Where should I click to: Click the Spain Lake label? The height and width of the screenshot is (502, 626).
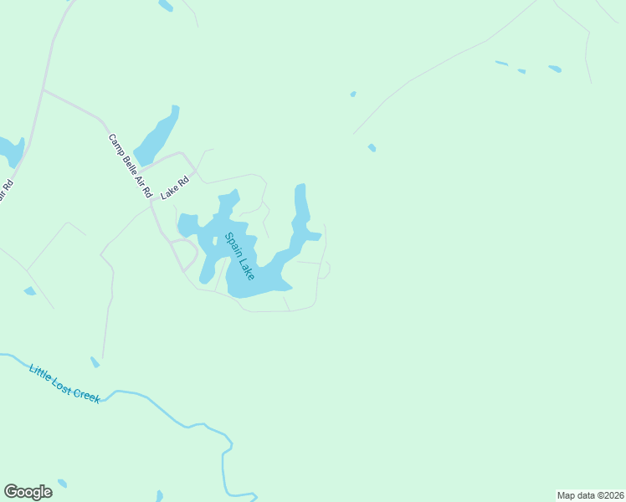[239, 256]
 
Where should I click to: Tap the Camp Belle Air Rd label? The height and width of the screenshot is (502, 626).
[130, 166]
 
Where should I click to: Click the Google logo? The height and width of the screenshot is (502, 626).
[28, 492]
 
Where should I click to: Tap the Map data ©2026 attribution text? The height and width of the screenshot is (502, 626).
[590, 495]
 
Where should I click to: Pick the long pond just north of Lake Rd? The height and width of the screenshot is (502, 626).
[155, 137]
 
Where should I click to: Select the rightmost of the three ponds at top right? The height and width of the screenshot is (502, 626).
[555, 69]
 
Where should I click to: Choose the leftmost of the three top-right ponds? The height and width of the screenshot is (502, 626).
[501, 63]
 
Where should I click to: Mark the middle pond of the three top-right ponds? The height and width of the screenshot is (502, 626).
[521, 71]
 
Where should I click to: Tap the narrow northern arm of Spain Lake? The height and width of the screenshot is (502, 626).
[300, 205]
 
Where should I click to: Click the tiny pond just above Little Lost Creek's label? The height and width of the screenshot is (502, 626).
[95, 362]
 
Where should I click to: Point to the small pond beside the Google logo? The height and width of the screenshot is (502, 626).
[62, 484]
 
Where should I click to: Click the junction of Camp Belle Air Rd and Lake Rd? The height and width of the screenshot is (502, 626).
[151, 200]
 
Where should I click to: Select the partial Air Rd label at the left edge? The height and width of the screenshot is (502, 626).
[6, 192]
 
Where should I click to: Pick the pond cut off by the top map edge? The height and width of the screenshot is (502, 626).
[166, 5]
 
